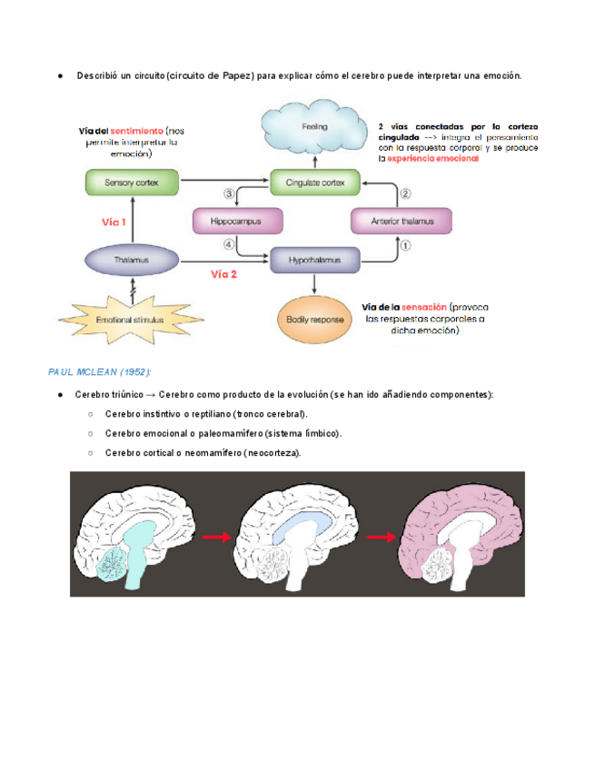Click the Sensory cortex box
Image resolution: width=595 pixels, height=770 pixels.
tap(132, 183)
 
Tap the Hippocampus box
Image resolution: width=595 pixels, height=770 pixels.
tap(235, 221)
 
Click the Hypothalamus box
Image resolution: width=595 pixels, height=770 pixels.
tap(314, 260)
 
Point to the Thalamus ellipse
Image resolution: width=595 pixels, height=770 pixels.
tap(132, 260)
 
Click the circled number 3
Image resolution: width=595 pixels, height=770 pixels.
tap(229, 193)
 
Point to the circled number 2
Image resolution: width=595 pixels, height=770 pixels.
tap(406, 193)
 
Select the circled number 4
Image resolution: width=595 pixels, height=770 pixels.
tap(229, 244)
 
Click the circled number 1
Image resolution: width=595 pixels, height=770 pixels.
tap(406, 245)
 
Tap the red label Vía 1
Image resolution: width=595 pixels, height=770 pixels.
tap(114, 221)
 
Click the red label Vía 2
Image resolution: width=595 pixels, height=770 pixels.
tap(223, 273)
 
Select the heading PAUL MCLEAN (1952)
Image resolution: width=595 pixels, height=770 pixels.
tap(99, 373)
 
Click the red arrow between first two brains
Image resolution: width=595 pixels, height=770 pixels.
tap(215, 538)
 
